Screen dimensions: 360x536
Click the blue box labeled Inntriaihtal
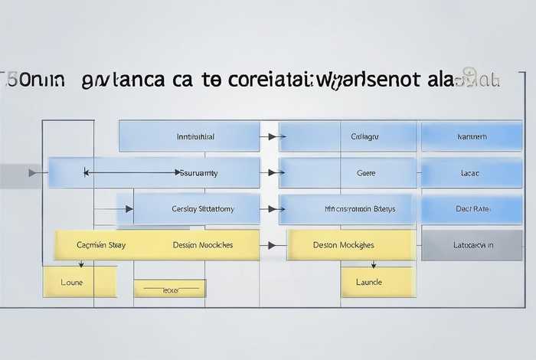[189, 136]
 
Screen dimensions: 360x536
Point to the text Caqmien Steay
[101, 245]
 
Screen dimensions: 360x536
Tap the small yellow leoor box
[170, 289]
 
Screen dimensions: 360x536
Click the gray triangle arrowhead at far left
[33, 173]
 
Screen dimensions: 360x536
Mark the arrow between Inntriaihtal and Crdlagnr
[273, 136]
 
